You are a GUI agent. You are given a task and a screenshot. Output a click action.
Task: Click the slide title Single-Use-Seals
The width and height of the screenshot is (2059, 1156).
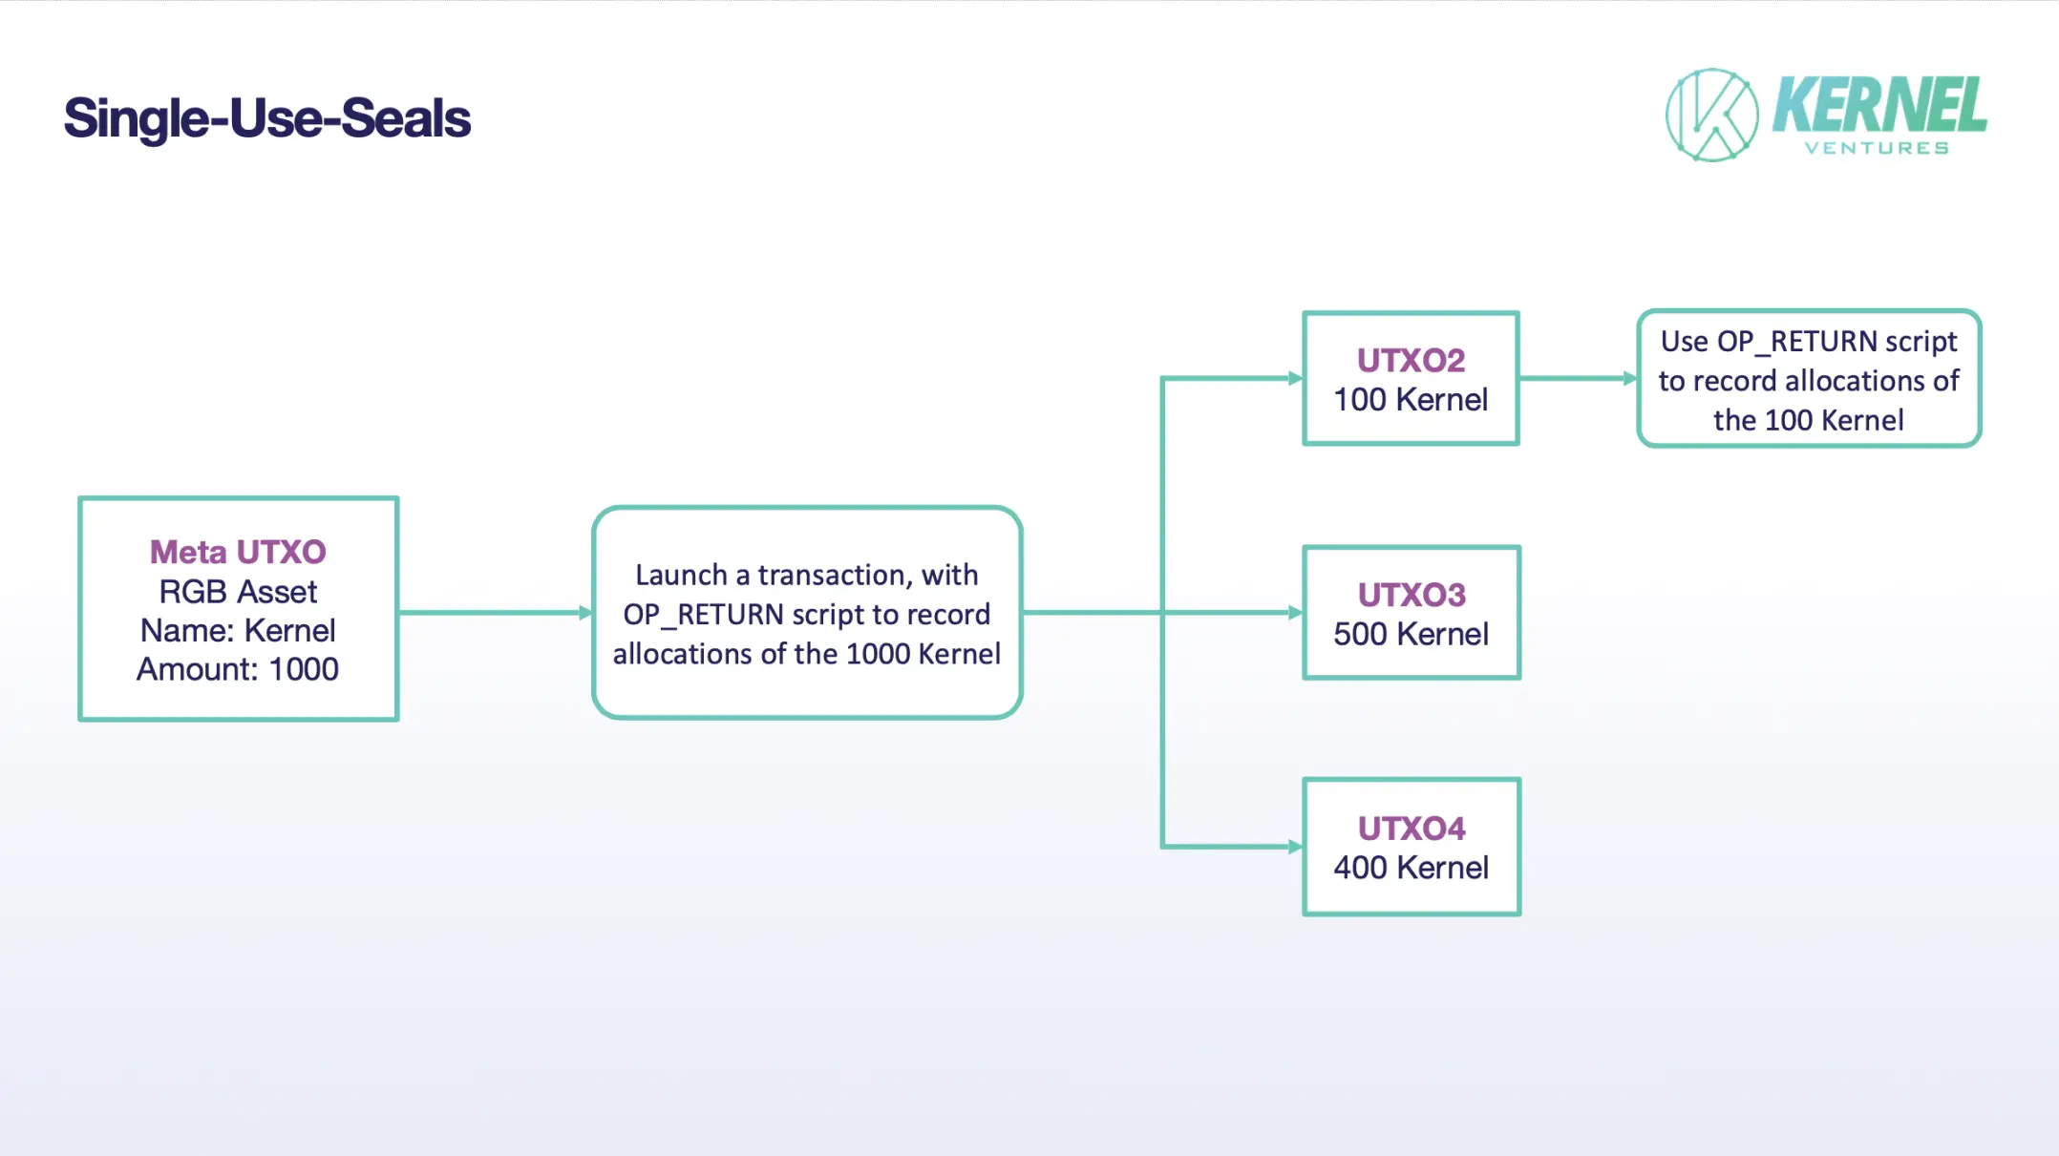click(x=267, y=118)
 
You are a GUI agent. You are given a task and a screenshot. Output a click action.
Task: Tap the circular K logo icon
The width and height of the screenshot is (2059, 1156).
click(x=1711, y=115)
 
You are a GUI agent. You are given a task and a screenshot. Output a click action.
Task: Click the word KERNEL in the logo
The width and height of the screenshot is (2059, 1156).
click(x=1879, y=105)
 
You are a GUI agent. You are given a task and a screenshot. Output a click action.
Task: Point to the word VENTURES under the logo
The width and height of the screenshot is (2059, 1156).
click(x=1877, y=148)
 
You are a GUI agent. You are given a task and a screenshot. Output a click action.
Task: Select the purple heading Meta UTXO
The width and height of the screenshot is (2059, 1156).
click(x=238, y=552)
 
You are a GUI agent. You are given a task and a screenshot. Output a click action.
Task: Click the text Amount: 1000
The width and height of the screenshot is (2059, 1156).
click(x=238, y=669)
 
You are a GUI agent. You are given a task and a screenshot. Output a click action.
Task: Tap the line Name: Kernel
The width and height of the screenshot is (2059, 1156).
click(x=238, y=630)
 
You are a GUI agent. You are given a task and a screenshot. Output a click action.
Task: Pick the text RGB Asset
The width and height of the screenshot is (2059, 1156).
click(x=238, y=592)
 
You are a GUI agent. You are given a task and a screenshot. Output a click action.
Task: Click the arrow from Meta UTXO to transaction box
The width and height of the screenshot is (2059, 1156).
click(x=496, y=613)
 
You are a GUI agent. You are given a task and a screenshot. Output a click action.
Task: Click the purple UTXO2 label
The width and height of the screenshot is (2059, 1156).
click(x=1411, y=360)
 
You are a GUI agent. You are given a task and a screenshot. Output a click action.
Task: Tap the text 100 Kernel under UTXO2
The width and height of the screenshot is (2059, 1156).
click(x=1411, y=399)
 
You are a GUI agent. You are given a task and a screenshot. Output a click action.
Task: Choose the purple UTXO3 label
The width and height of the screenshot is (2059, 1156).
click(x=1412, y=595)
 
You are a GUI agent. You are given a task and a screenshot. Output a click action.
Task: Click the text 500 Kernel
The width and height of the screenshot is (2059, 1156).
click(x=1412, y=634)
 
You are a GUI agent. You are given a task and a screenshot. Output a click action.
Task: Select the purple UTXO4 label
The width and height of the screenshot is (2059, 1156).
click(x=1412, y=829)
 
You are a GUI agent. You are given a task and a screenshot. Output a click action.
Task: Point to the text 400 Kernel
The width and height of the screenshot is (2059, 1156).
click(x=1412, y=868)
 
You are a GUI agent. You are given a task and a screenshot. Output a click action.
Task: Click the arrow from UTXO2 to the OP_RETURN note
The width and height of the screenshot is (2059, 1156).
click(x=1579, y=378)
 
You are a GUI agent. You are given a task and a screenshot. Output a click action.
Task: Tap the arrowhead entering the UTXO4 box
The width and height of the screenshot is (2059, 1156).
click(x=1296, y=847)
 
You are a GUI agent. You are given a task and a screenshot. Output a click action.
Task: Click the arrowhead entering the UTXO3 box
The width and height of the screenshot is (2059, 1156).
click(x=1296, y=613)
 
